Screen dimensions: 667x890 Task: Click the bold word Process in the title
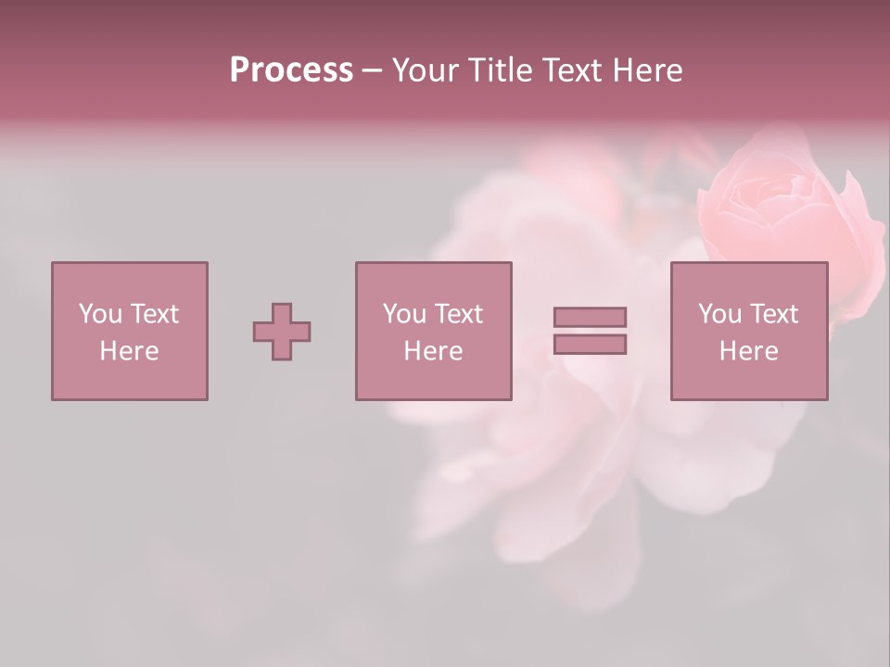[291, 69]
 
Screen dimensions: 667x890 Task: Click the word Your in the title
[427, 69]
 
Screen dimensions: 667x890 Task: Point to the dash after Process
[373, 70]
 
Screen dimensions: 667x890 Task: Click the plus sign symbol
[282, 332]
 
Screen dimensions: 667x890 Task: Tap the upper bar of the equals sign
[590, 317]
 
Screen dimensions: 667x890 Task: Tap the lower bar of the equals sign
[590, 345]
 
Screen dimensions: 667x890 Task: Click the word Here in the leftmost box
[129, 351]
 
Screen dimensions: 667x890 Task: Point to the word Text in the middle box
[459, 314]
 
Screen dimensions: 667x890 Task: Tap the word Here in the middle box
[433, 351]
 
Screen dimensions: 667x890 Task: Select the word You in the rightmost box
[719, 314]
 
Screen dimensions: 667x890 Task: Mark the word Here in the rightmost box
[749, 351]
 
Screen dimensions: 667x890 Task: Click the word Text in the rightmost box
[774, 314]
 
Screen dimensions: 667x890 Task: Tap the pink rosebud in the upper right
[783, 199]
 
